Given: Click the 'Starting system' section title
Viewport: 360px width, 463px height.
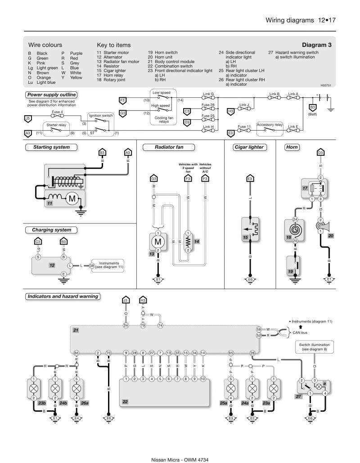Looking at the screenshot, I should click(51, 147).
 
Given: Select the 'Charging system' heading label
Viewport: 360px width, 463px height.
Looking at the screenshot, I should click(51, 230).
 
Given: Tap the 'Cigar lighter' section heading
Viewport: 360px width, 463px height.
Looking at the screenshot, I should click(249, 147).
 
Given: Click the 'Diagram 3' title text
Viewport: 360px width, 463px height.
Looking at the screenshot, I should click(317, 45).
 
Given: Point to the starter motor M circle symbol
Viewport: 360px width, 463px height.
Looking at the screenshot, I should click(72, 199).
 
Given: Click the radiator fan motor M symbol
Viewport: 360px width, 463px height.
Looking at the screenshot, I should click(158, 239).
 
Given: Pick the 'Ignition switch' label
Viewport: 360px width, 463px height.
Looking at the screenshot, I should click(101, 116).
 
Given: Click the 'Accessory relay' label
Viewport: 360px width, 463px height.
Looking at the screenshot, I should click(270, 125).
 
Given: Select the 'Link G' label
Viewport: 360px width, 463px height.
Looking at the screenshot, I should click(208, 94).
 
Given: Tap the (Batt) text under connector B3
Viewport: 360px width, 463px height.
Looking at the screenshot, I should click(313, 114).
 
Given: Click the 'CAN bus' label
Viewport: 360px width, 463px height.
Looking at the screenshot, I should click(301, 332).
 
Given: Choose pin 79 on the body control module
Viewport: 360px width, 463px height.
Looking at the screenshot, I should click(143, 325).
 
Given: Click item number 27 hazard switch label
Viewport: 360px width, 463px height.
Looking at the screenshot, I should click(298, 397).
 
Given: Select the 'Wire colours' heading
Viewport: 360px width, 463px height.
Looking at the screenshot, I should click(45, 45).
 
